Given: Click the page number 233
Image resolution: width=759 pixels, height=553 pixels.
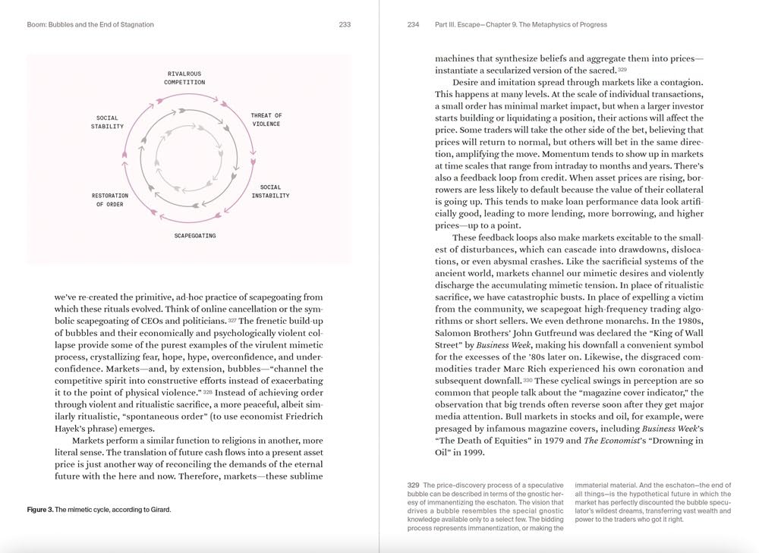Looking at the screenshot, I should [345, 24].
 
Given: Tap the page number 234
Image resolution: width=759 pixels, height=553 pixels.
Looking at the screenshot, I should [414, 24].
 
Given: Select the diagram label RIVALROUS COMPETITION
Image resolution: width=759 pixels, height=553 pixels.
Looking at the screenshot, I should [185, 77].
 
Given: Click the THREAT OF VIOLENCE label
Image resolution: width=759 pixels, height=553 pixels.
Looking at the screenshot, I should [266, 120].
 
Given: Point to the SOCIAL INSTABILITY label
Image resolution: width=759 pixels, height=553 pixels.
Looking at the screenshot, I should [270, 191].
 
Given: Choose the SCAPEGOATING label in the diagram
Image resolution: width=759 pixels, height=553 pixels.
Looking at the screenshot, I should [195, 236].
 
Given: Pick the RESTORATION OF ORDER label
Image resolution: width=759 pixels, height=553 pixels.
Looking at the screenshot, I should [110, 200].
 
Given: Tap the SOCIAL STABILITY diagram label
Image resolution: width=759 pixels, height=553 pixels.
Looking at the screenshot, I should [110, 122].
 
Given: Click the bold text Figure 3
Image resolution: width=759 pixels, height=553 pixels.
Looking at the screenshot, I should [40, 510].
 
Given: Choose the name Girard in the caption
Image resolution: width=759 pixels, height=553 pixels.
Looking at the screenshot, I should [158, 510].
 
